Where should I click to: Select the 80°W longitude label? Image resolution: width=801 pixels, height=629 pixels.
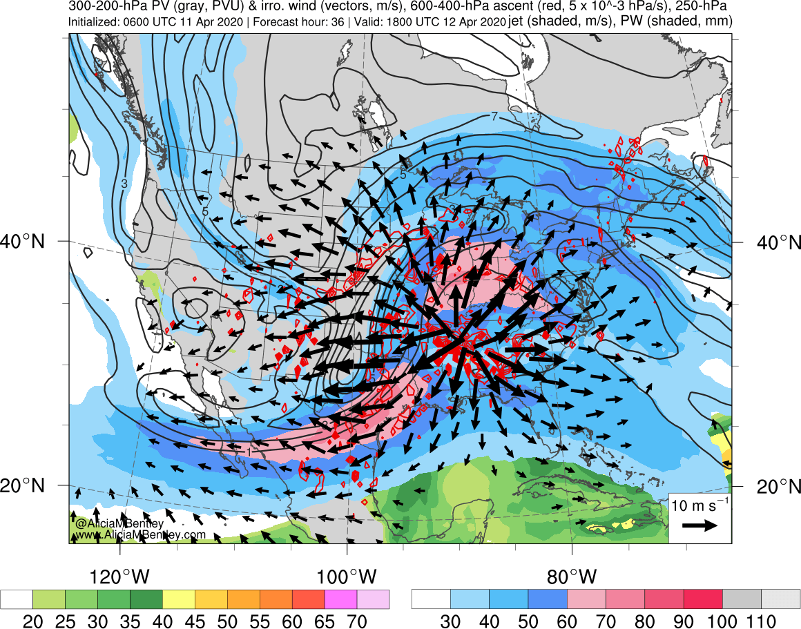572,576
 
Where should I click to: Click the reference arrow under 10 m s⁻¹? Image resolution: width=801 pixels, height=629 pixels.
699,525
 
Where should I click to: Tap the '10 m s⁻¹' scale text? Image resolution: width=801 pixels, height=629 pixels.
699,505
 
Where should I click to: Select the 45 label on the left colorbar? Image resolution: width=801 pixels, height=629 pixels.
195,620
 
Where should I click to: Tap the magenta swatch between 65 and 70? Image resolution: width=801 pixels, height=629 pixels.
341,599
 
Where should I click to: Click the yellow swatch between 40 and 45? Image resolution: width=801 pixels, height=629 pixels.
179,599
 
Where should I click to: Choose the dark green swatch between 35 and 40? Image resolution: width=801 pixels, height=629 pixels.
146,599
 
